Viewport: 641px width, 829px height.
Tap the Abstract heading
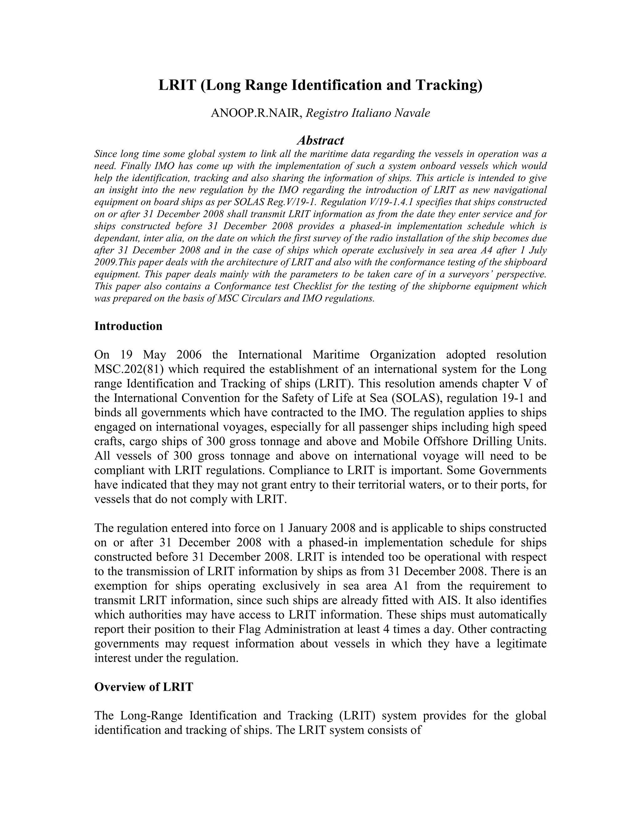pos(320,140)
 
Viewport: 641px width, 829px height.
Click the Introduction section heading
pos(128,326)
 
